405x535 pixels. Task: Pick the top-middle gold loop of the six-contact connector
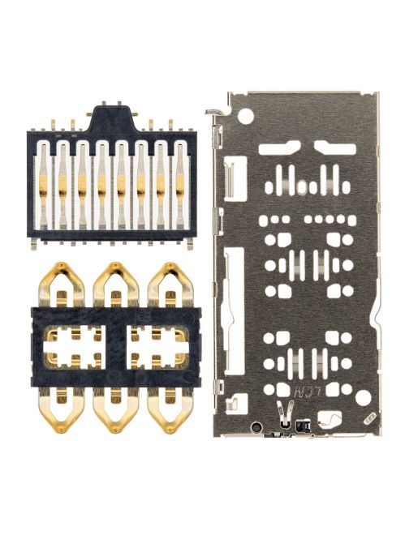(x=114, y=283)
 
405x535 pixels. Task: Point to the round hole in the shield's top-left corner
(x=242, y=117)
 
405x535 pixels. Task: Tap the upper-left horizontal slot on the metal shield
(x=279, y=147)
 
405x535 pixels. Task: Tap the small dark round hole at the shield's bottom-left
(x=256, y=427)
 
